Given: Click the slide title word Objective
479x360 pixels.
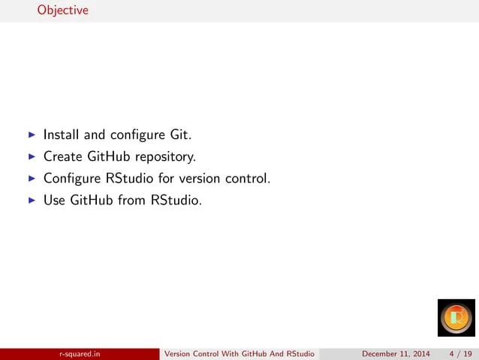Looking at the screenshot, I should pos(63,11).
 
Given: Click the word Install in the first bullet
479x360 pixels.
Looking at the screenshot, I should pos(61,136).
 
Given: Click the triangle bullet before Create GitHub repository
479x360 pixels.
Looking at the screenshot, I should pos(31,158).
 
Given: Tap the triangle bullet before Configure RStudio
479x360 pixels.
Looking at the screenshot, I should pos(31,180).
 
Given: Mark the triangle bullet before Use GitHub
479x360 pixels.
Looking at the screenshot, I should pos(31,201).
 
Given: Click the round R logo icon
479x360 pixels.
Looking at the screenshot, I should pos(456,319).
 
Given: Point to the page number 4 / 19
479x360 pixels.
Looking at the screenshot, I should pos(459,353).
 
